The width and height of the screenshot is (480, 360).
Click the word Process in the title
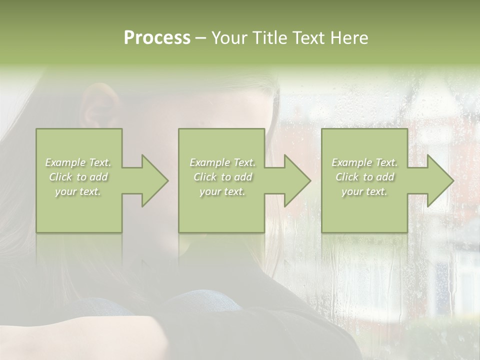(x=157, y=38)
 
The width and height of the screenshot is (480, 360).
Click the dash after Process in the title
(x=200, y=38)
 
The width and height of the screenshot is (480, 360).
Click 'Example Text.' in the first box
(x=78, y=162)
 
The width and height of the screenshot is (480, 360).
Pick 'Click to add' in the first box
(x=78, y=177)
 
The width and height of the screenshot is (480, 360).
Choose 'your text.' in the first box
(x=78, y=191)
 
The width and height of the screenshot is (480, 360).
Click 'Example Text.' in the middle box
(x=222, y=162)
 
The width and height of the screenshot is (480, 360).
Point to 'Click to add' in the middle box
(x=222, y=177)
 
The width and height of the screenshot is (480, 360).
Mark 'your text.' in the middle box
(x=222, y=191)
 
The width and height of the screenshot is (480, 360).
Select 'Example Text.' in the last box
(x=364, y=162)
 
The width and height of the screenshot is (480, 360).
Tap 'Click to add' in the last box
(x=364, y=177)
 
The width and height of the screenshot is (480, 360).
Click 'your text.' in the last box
(x=364, y=191)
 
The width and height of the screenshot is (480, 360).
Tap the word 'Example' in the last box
(x=352, y=162)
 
